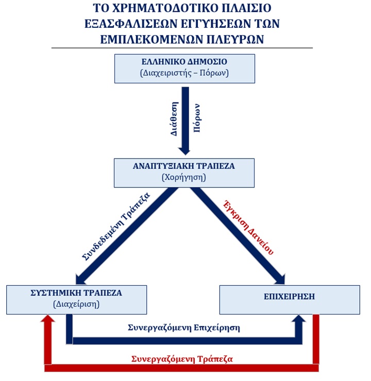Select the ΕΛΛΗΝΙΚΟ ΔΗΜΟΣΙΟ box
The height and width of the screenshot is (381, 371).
click(184, 68)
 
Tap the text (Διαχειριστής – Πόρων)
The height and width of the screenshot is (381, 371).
click(184, 73)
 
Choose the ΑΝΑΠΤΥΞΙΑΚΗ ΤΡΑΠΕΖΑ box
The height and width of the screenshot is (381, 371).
click(184, 172)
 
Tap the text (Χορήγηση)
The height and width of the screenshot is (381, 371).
click(184, 178)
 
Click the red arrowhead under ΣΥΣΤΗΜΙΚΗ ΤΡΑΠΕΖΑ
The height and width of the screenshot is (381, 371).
click(48, 320)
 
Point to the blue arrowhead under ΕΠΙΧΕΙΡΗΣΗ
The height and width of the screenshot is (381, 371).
click(299, 320)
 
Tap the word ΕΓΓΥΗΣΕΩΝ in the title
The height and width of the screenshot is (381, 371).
click(213, 24)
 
